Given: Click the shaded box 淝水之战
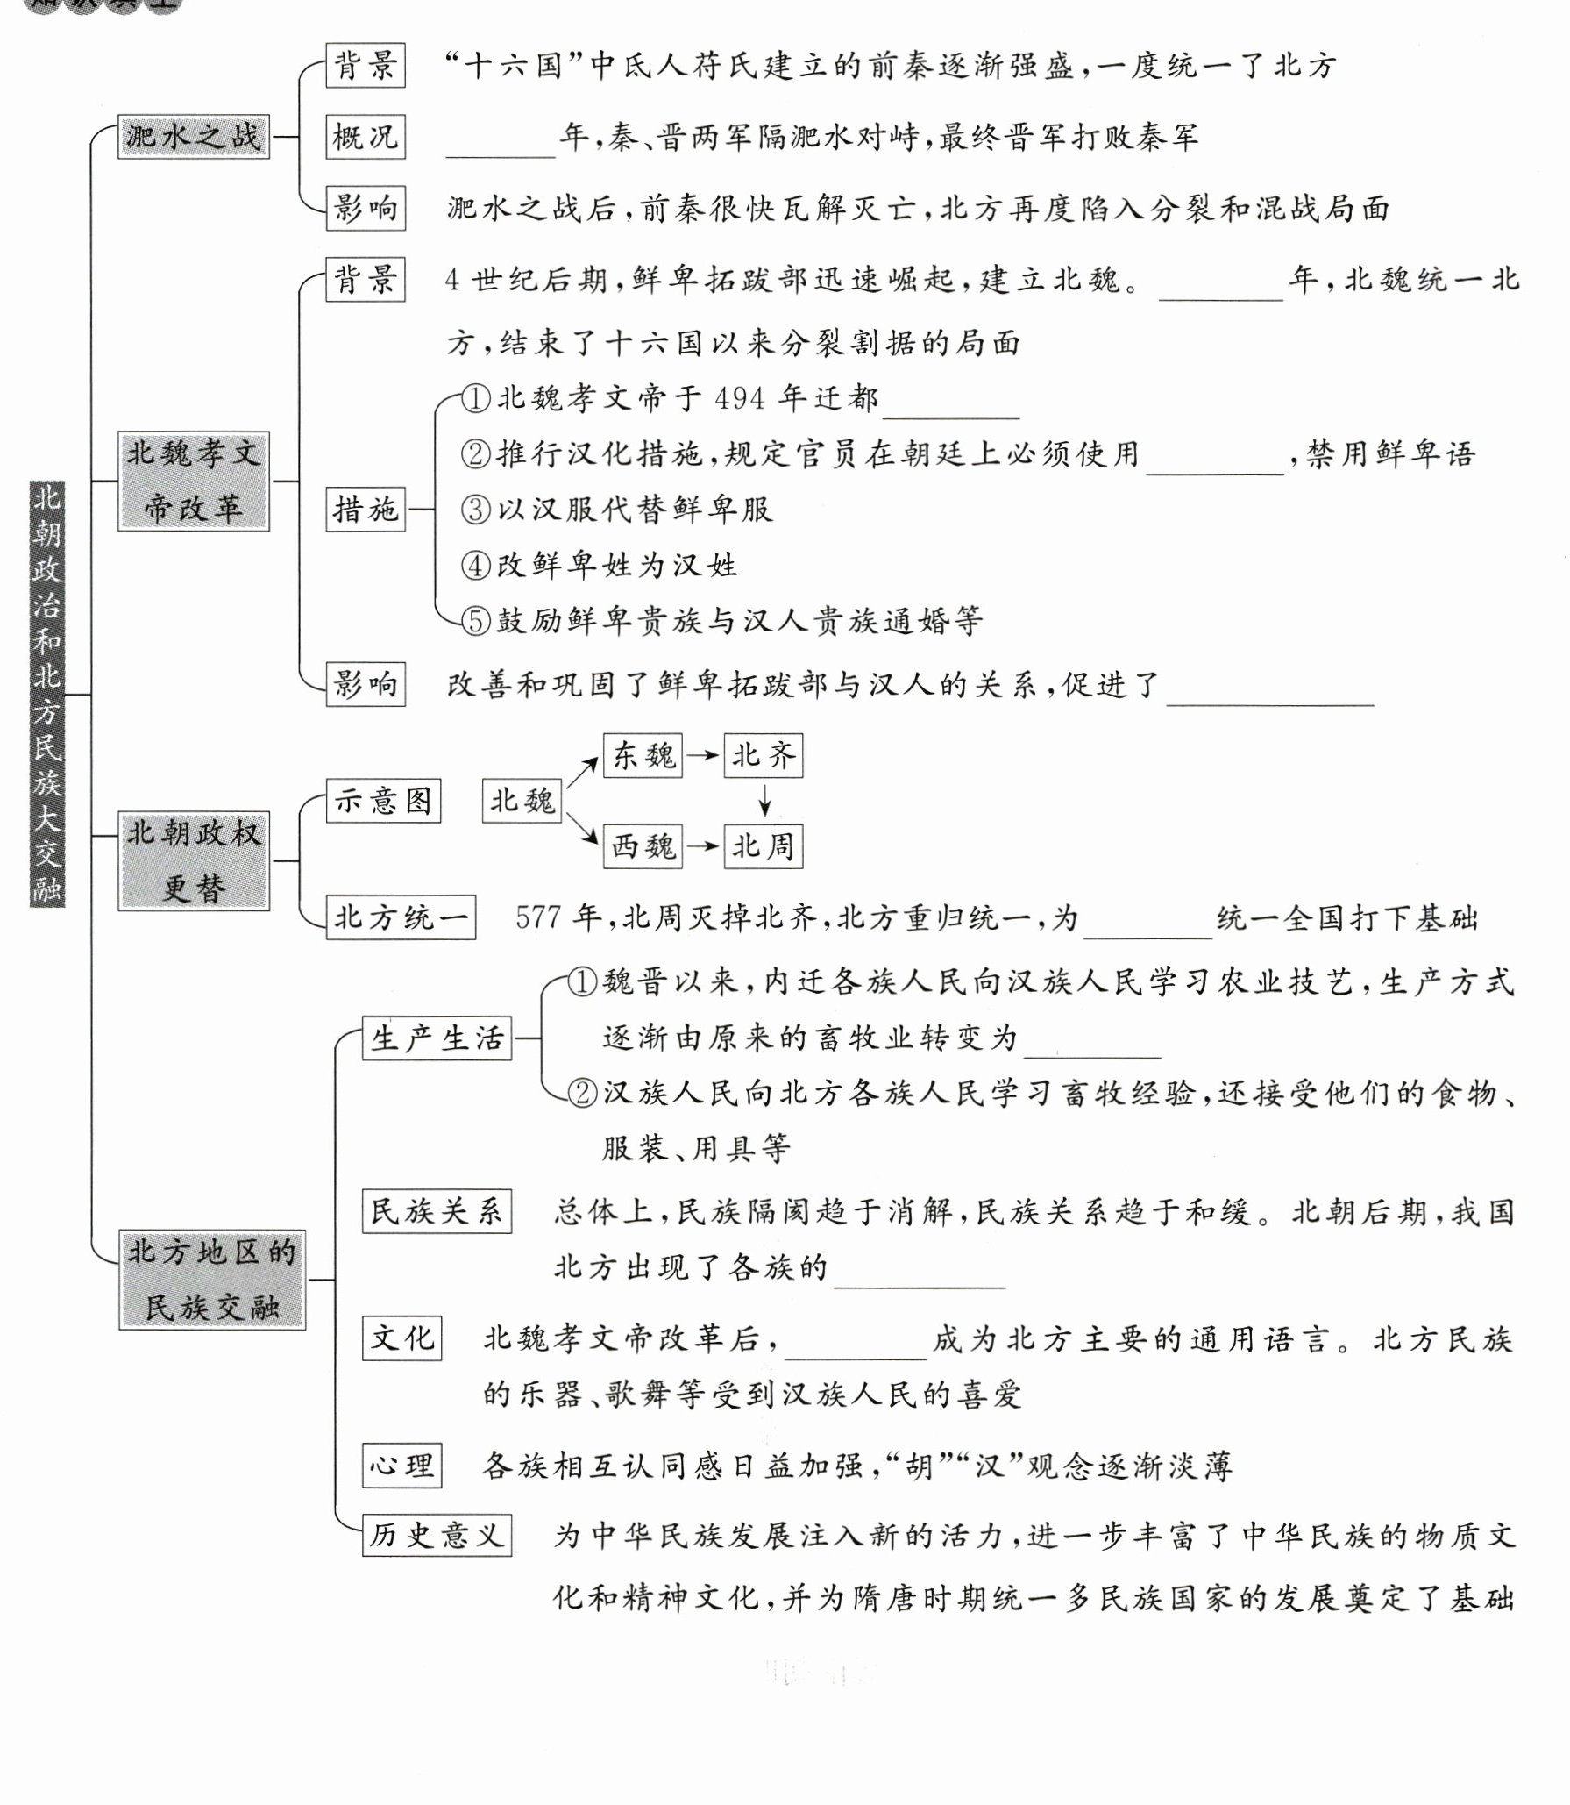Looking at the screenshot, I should pyautogui.click(x=193, y=137).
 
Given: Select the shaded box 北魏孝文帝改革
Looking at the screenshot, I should pyautogui.click(x=193, y=481).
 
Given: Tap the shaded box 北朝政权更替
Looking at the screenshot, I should pyautogui.click(x=193, y=860).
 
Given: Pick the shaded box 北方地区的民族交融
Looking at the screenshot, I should pyautogui.click(x=211, y=1280).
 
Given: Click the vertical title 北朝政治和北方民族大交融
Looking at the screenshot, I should pyautogui.click(x=47, y=693).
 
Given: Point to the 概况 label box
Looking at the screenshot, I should pyautogui.click(x=365, y=137).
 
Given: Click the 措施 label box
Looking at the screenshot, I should pyautogui.click(x=365, y=509).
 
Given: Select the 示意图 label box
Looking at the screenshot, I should pyautogui.click(x=382, y=801).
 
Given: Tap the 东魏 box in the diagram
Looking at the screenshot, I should pyautogui.click(x=643, y=755).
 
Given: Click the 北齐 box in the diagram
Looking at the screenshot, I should pyautogui.click(x=763, y=755).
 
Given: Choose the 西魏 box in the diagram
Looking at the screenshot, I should pyautogui.click(x=643, y=846).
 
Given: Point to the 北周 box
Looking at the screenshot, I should pyautogui.click(x=763, y=846).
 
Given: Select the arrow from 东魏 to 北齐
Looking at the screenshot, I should pyautogui.click(x=702, y=755).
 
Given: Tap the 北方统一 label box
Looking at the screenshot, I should pyautogui.click(x=401, y=917).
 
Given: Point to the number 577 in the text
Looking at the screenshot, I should pyautogui.click(x=537, y=917).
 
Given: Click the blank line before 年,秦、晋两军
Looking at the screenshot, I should pyautogui.click(x=501, y=149).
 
